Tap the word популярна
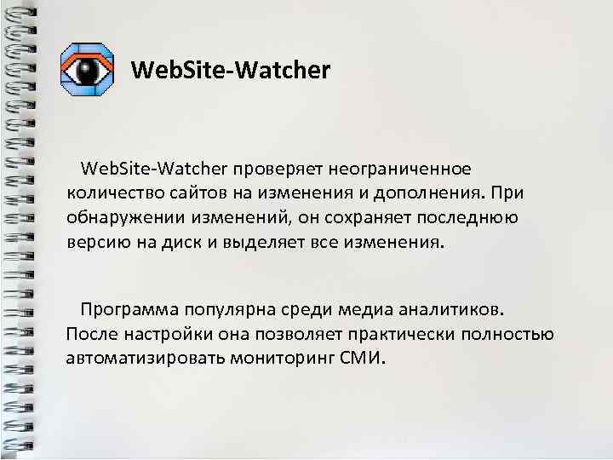[236, 308]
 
